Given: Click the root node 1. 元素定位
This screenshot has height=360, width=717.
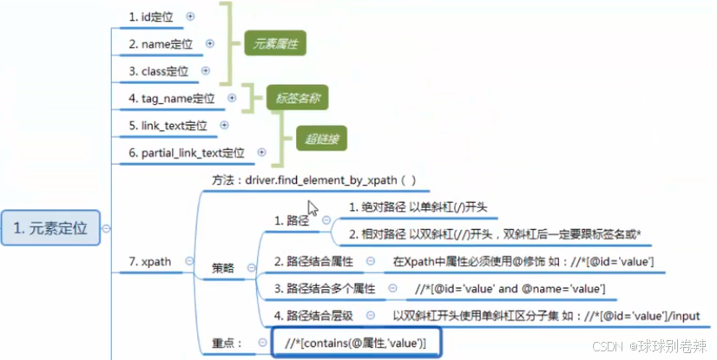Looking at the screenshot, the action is [x=50, y=228].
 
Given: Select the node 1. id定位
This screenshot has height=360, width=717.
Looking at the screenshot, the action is [x=151, y=16].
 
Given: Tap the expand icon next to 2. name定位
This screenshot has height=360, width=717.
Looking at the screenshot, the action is [x=210, y=43].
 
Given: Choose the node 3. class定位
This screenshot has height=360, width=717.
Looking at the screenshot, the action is [x=158, y=71].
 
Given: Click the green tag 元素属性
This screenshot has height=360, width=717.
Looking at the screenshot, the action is [x=275, y=43].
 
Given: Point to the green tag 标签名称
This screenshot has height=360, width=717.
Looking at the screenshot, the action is [x=298, y=97].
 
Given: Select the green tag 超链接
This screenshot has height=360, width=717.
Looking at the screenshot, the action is [x=322, y=139].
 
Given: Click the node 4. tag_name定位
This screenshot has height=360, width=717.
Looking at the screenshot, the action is [x=172, y=98].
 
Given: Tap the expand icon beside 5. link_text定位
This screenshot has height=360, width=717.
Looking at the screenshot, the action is [x=224, y=125].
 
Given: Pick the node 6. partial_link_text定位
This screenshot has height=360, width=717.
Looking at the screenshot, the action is [x=187, y=153].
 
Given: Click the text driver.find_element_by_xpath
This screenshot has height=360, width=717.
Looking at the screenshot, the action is [x=321, y=180].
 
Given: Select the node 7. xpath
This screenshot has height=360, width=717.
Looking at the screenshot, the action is [x=150, y=261].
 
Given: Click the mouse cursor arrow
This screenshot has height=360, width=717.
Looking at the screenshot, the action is [x=312, y=208].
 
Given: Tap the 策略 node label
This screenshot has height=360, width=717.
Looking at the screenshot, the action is [x=223, y=268].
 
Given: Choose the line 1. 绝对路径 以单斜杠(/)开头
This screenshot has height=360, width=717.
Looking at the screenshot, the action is [x=418, y=207].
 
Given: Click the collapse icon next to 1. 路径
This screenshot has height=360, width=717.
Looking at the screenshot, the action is [x=326, y=220].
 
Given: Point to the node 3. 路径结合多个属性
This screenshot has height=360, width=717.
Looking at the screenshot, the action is [x=325, y=289].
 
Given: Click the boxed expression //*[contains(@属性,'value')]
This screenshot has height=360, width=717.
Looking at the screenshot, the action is [x=356, y=343].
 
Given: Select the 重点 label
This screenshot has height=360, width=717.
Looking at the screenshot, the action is [x=227, y=343].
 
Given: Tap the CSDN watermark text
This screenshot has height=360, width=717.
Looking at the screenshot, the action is [x=608, y=346].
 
